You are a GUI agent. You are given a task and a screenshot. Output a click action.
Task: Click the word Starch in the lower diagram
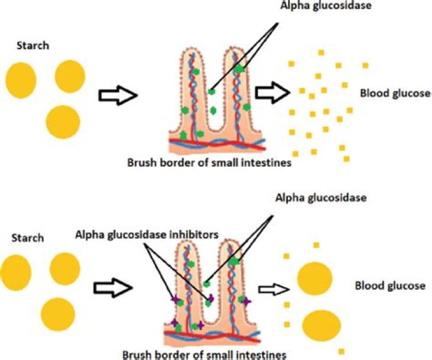[x=28, y=238]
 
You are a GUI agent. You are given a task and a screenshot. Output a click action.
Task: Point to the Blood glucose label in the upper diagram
[x=395, y=94]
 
